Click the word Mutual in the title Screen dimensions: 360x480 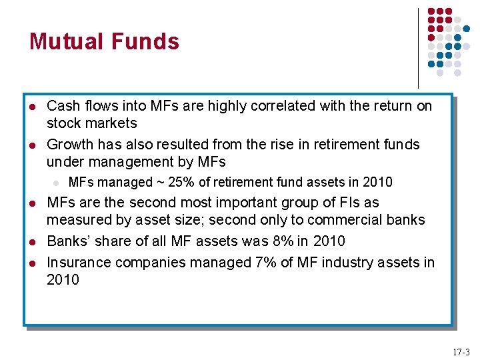(x=64, y=41)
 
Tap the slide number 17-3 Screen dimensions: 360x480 (x=461, y=351)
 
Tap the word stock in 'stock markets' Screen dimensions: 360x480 (x=63, y=123)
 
